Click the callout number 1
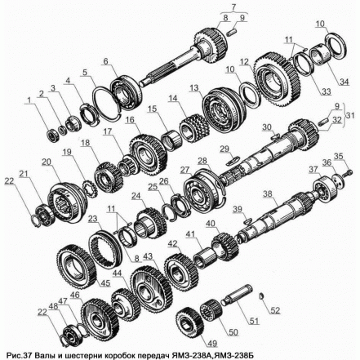click(29, 100)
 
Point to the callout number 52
click(275, 310)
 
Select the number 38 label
click(268, 194)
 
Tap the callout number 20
click(47, 162)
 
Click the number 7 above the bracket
click(234, 7)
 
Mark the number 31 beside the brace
click(350, 115)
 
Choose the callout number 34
click(344, 81)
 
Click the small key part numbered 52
click(261, 296)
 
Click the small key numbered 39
click(248, 220)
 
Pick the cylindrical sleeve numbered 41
click(205, 258)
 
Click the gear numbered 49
click(189, 322)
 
